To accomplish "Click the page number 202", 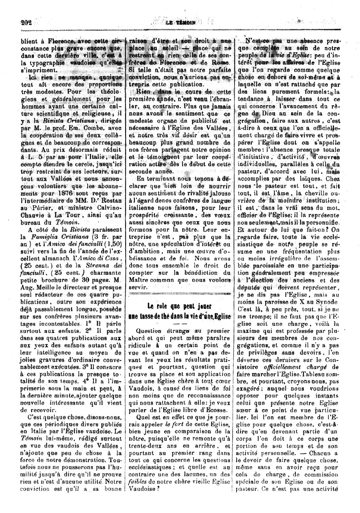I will coord(25,22).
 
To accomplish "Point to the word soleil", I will coord(171,48).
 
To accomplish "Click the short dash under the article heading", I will coord(179,325).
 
